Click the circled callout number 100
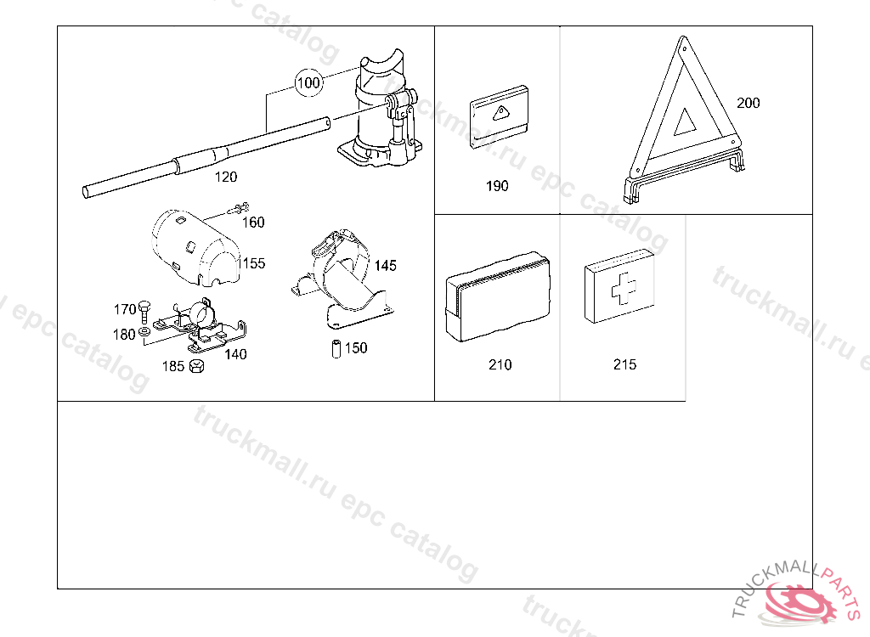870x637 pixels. [310, 82]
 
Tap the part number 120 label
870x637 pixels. [225, 178]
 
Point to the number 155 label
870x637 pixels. [252, 263]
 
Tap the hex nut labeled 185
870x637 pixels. [195, 367]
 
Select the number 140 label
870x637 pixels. [235, 354]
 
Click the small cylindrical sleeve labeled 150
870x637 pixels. [336, 349]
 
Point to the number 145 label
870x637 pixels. [385, 266]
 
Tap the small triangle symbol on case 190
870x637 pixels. [500, 111]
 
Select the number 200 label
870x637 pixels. [749, 104]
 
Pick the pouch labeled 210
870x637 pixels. [497, 296]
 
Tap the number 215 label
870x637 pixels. [624, 365]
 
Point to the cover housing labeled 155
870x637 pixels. [191, 246]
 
